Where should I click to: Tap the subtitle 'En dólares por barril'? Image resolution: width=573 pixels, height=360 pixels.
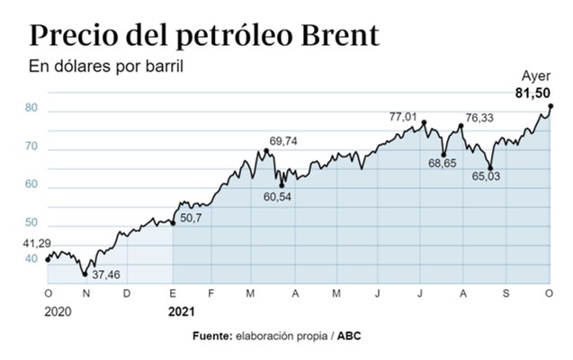point(100,67)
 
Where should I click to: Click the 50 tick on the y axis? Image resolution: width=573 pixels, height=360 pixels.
point(31,222)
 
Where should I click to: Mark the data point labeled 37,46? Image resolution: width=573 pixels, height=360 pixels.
point(85,274)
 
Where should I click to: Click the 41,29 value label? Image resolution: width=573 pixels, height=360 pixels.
point(37,243)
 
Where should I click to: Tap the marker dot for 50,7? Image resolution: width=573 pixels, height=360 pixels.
point(173,221)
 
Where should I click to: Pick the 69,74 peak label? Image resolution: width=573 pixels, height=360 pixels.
point(285,140)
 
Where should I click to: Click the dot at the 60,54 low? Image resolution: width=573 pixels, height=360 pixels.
point(282,185)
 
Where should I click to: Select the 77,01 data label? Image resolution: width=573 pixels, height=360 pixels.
point(404,116)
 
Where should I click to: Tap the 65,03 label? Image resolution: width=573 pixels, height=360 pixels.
point(487,176)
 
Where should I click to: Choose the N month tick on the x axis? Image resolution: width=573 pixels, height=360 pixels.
point(86,293)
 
